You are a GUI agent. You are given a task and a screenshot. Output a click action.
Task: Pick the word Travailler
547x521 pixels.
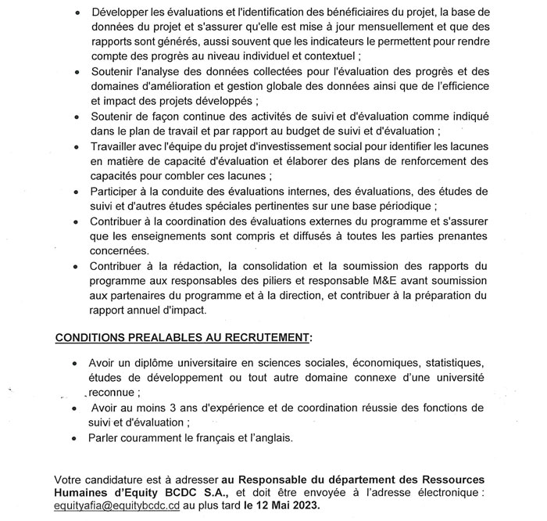118,146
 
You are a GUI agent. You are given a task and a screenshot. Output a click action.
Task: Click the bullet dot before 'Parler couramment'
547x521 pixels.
73,438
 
